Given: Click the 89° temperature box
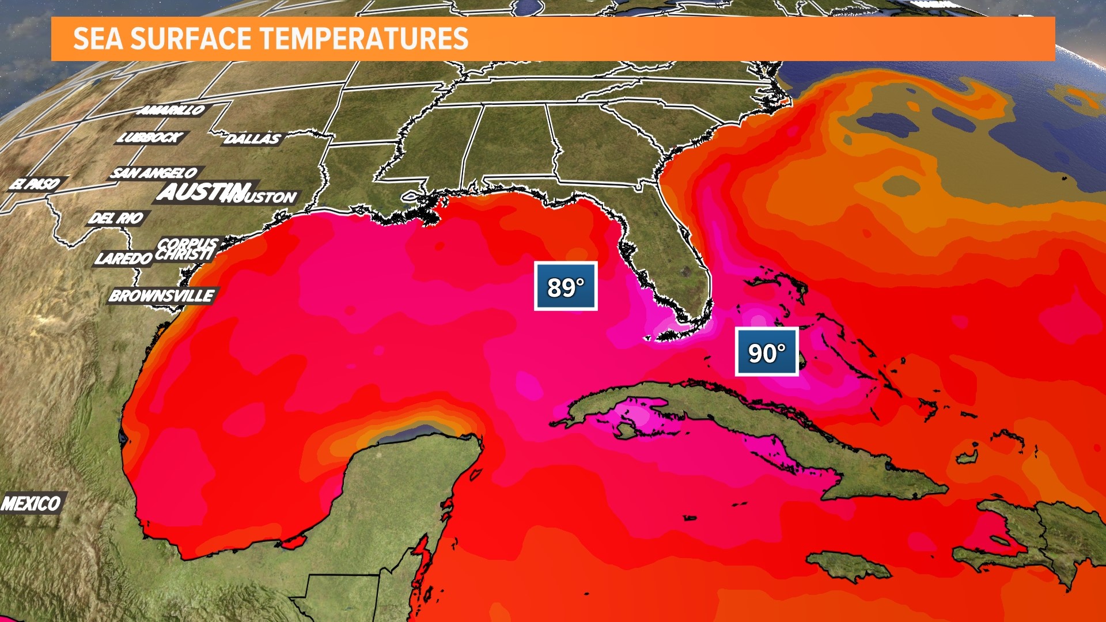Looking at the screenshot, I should [x=565, y=286].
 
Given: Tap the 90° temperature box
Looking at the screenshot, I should [x=766, y=352].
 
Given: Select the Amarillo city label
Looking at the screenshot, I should [x=172, y=109].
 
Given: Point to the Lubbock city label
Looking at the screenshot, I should [x=150, y=137].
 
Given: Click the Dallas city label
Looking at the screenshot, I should [x=252, y=138].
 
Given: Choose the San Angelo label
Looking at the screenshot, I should [x=154, y=173].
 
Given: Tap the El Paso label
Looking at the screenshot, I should [x=36, y=184].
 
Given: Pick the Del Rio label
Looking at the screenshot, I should [x=117, y=218].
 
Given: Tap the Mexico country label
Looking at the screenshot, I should [x=31, y=503].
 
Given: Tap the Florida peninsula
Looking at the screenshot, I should [x=674, y=253].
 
